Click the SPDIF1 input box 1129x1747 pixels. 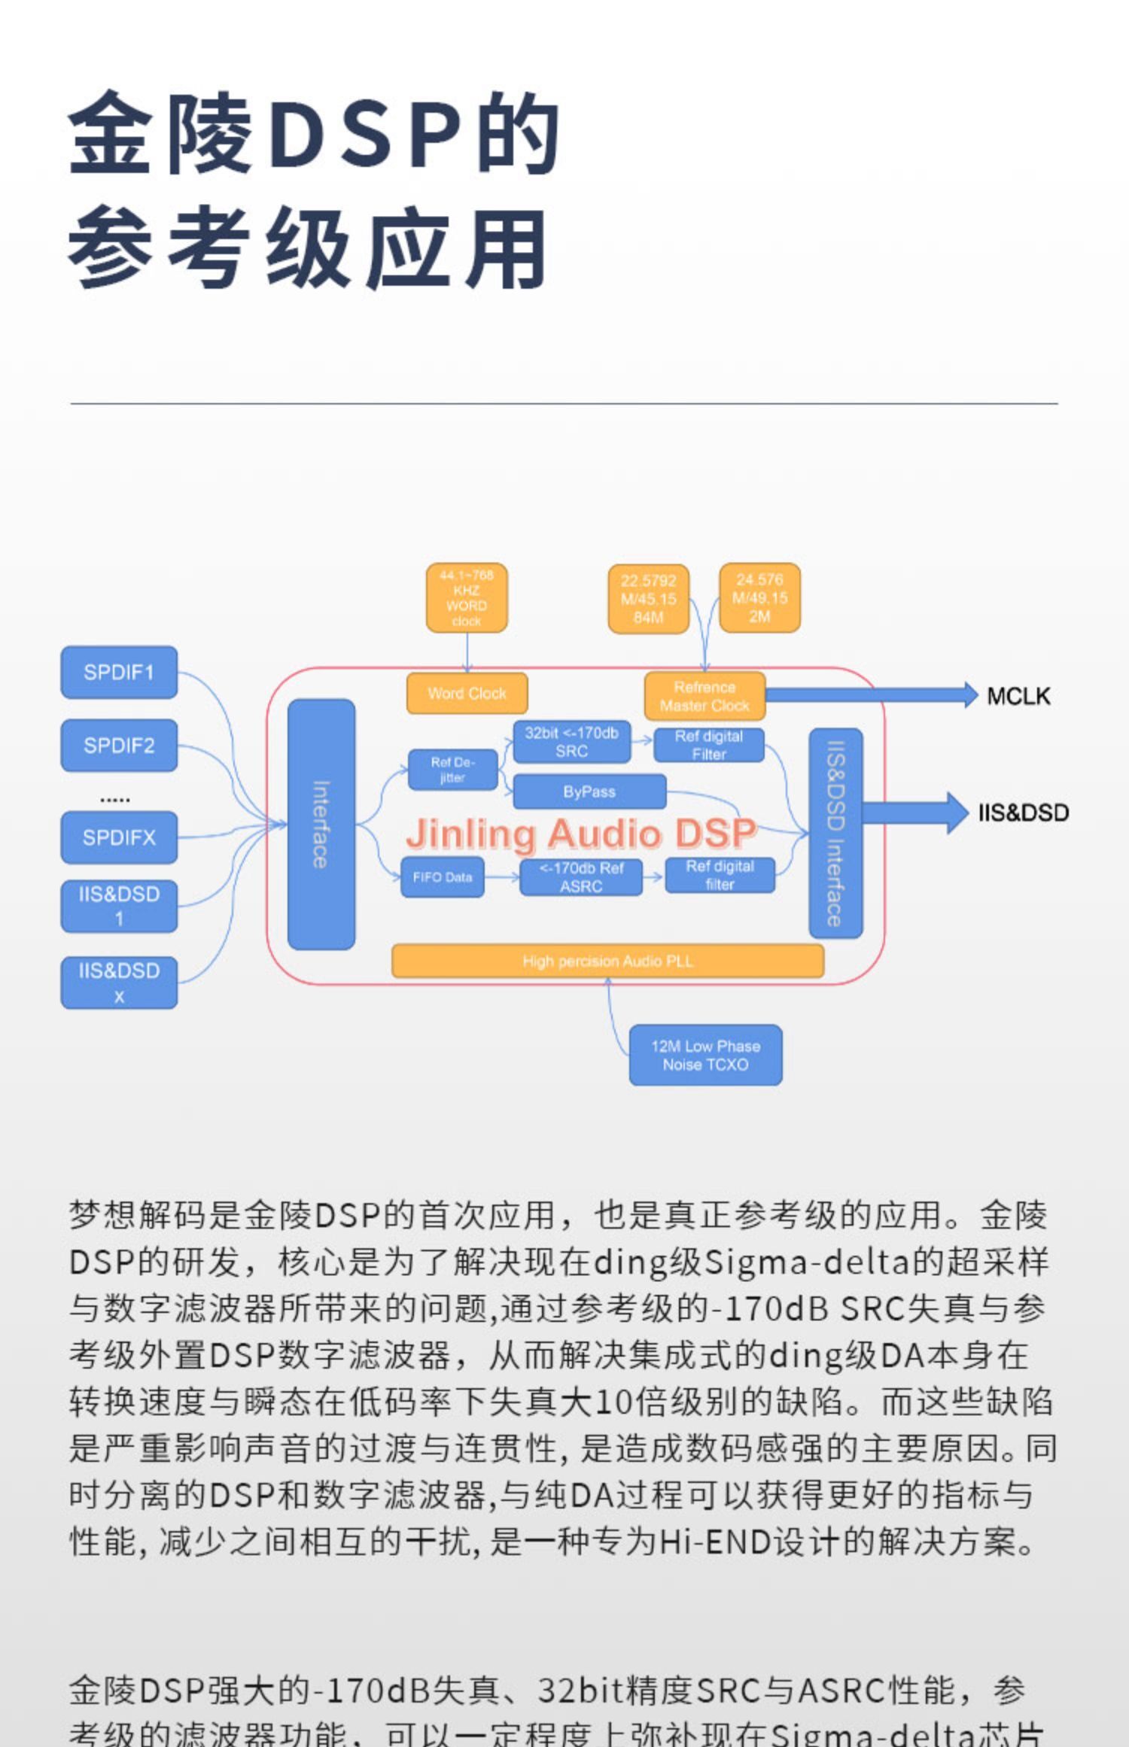[x=119, y=672]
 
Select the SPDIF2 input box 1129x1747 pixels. [x=119, y=745]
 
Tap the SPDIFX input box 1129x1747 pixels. [x=119, y=837]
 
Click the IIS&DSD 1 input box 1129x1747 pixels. [x=119, y=906]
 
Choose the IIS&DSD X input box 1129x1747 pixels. [x=119, y=983]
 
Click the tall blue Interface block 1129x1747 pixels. [x=321, y=824]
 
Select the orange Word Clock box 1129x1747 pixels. [x=467, y=693]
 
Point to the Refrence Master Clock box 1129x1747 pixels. [x=704, y=696]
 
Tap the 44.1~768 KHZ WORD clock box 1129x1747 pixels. [x=467, y=598]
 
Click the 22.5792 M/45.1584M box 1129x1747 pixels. [x=648, y=599]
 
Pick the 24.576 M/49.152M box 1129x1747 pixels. [x=759, y=598]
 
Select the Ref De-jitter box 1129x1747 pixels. [x=452, y=769]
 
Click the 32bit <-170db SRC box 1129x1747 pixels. [x=571, y=742]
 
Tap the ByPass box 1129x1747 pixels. [x=589, y=791]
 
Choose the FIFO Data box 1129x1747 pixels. [x=442, y=877]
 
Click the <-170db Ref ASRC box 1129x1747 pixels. [x=581, y=877]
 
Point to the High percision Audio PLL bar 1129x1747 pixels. [x=607, y=961]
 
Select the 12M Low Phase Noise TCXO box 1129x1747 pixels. [x=705, y=1055]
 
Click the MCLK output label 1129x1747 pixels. [x=1018, y=696]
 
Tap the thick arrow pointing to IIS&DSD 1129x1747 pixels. [x=914, y=813]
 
